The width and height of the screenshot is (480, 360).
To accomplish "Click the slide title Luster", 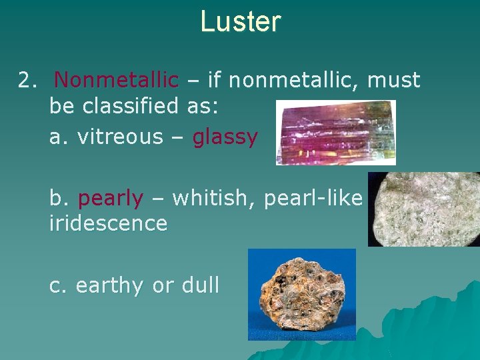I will [x=240, y=21].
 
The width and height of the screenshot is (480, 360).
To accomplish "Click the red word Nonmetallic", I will [x=117, y=81].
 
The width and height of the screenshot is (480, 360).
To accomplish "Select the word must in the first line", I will [x=394, y=81].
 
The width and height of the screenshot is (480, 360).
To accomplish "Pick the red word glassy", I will [x=225, y=137].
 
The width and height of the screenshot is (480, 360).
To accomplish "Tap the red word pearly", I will [x=111, y=199].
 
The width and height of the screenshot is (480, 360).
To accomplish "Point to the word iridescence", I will [x=108, y=223].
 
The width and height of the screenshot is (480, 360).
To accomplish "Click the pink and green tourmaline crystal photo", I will [x=335, y=132].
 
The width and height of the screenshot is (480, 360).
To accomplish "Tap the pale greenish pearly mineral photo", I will [x=423, y=209].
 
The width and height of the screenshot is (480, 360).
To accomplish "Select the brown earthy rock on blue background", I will [x=301, y=294].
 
